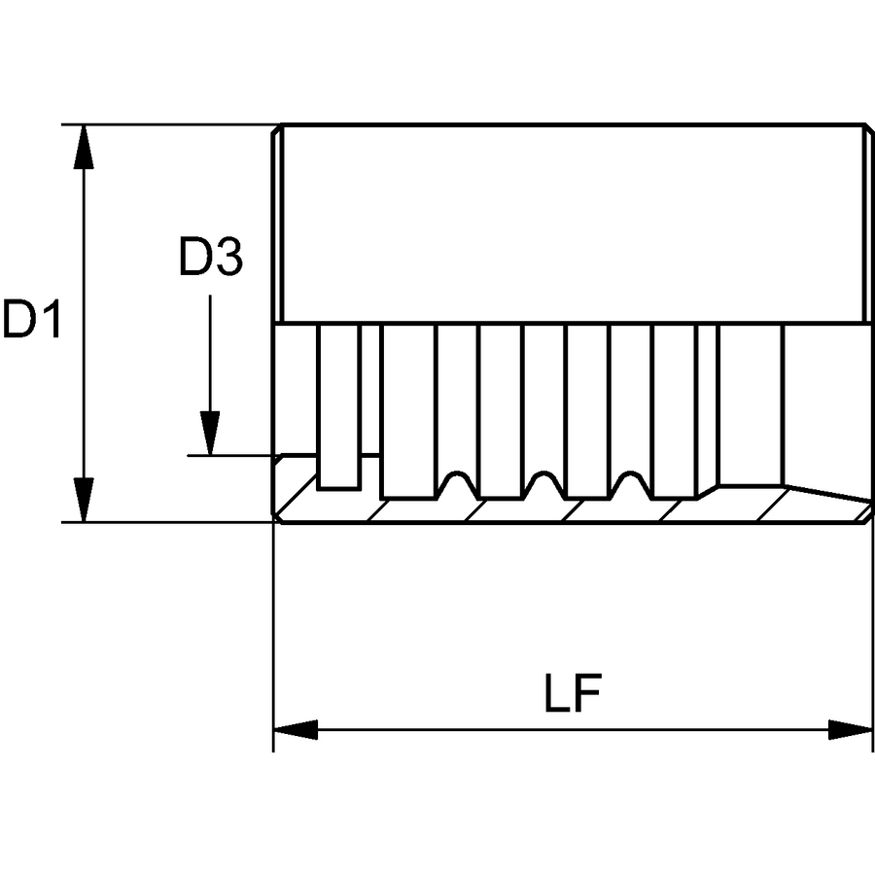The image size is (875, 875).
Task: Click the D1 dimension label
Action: coord(32,319)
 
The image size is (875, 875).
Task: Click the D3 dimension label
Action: coord(210,257)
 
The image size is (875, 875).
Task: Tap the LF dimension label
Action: coord(573,693)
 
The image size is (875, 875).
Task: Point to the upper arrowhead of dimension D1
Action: coord(84,146)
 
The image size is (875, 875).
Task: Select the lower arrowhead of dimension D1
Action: coord(84,500)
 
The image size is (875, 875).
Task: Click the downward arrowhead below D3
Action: coord(210,433)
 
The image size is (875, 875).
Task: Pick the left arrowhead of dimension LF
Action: coord(296,729)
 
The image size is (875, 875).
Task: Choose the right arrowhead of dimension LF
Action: coord(851,729)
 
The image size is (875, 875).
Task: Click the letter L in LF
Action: coord(556,693)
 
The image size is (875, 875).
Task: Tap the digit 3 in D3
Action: coord(228,257)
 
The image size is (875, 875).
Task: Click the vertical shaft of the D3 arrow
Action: coord(210,353)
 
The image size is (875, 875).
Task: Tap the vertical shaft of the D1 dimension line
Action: coord(84,323)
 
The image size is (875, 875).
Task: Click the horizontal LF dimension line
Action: coord(573,729)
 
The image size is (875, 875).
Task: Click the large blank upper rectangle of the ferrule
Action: coord(574,224)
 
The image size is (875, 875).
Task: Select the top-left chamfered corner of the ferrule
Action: coord(276,129)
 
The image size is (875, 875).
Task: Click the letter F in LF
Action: coord(588,693)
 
